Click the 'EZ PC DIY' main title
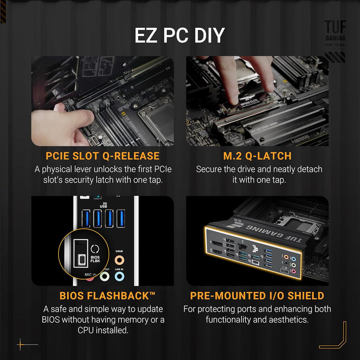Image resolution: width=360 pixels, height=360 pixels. point(179,35)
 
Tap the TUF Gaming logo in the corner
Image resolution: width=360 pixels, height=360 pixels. point(335,33)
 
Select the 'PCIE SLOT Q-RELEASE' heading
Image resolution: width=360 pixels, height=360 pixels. point(102,156)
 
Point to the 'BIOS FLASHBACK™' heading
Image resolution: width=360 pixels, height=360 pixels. point(107,296)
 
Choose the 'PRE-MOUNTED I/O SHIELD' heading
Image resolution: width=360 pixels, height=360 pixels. point(257,296)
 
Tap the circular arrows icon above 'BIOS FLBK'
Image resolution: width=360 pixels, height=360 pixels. point(94,248)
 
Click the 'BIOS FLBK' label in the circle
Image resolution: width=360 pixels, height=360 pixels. point(95,259)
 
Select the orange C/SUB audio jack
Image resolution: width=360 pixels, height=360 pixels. point(119,260)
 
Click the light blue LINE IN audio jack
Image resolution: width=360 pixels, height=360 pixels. point(119,277)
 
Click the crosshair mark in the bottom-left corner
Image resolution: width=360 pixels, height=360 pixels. point(21,344)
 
